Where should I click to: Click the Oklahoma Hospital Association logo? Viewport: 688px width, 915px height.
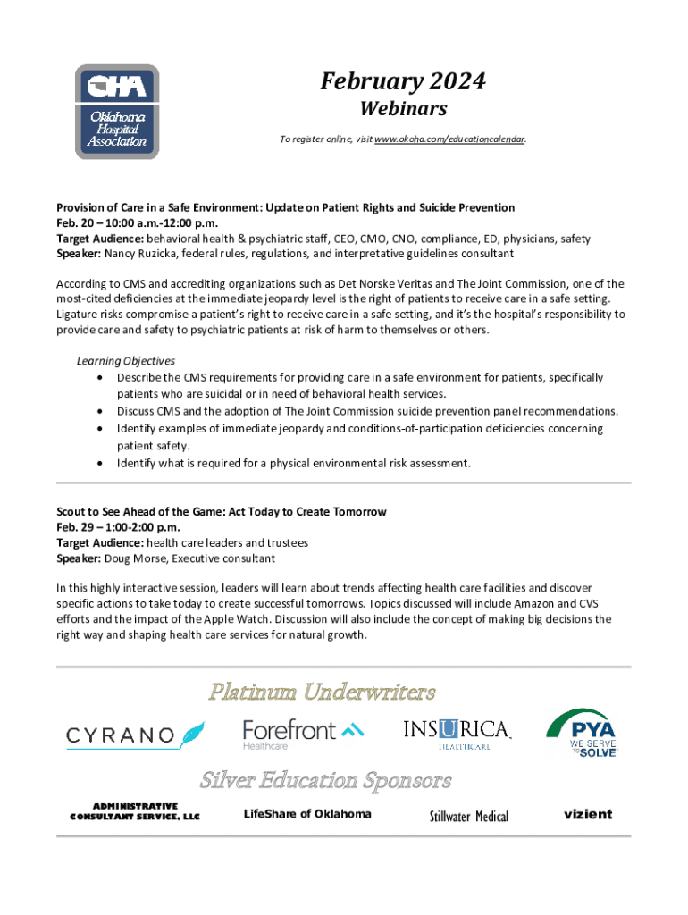click(x=117, y=112)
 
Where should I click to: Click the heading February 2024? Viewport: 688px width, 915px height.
click(x=403, y=82)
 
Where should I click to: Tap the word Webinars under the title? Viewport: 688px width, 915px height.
click(x=403, y=109)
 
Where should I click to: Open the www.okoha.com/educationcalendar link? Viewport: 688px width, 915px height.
click(x=449, y=139)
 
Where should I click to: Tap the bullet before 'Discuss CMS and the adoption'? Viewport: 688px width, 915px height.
click(x=99, y=412)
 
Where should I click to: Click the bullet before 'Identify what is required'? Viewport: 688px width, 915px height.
click(x=99, y=463)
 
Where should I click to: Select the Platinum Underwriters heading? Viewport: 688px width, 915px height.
click(x=323, y=692)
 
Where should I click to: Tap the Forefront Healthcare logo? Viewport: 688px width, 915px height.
click(x=303, y=733)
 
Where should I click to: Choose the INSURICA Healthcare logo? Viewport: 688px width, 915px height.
click(x=457, y=734)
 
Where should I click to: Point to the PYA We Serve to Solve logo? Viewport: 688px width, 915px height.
click(x=582, y=733)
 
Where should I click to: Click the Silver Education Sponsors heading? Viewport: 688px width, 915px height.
click(x=325, y=780)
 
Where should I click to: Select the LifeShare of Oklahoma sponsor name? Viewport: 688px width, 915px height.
click(x=306, y=813)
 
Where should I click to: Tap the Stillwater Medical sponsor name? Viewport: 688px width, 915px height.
click(x=468, y=817)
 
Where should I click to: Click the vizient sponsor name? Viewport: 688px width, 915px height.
click(x=588, y=814)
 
